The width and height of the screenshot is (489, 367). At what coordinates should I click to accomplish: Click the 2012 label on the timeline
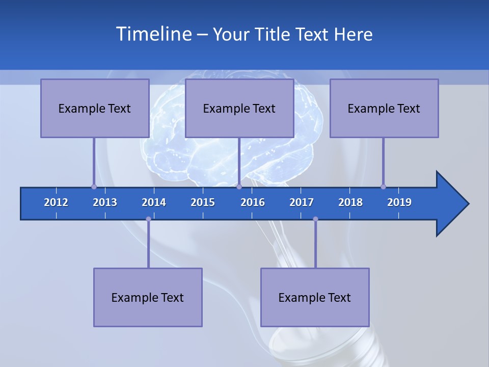pos(56,202)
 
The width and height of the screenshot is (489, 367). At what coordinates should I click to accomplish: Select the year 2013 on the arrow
pos(105,202)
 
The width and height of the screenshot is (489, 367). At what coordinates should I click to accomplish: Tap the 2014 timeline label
pos(154,202)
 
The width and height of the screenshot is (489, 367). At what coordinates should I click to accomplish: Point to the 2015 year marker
pos(203,202)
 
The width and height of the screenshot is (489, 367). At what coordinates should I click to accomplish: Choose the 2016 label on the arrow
pos(253,202)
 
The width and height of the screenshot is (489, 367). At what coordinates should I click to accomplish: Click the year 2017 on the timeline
pos(302,202)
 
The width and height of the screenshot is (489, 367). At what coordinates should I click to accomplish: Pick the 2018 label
pos(350,202)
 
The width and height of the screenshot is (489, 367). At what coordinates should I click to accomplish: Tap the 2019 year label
pos(399,202)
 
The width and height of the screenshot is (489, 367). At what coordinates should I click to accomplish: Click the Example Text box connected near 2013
pos(95,108)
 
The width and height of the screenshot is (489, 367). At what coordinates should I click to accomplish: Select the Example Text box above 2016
pos(239,108)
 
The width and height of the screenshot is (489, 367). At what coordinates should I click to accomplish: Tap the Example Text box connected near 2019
pos(384,108)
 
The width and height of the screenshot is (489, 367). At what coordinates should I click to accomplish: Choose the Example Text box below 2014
pos(148,297)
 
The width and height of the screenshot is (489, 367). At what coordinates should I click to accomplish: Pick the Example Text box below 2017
pos(315,297)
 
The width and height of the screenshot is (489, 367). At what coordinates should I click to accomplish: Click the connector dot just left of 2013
pos(94,187)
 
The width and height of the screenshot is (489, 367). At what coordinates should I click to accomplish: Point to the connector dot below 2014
pos(148,219)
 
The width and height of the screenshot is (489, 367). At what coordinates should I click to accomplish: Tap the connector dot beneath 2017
pos(315,219)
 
